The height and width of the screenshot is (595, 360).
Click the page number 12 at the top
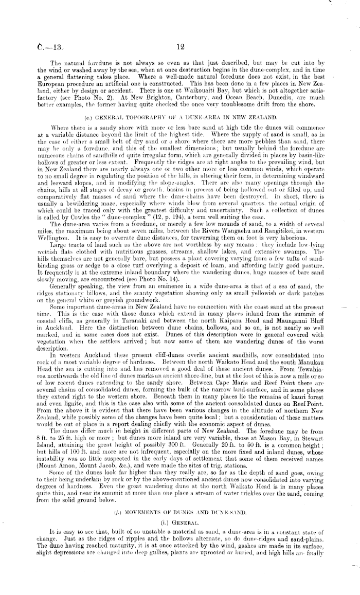point(180,46)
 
